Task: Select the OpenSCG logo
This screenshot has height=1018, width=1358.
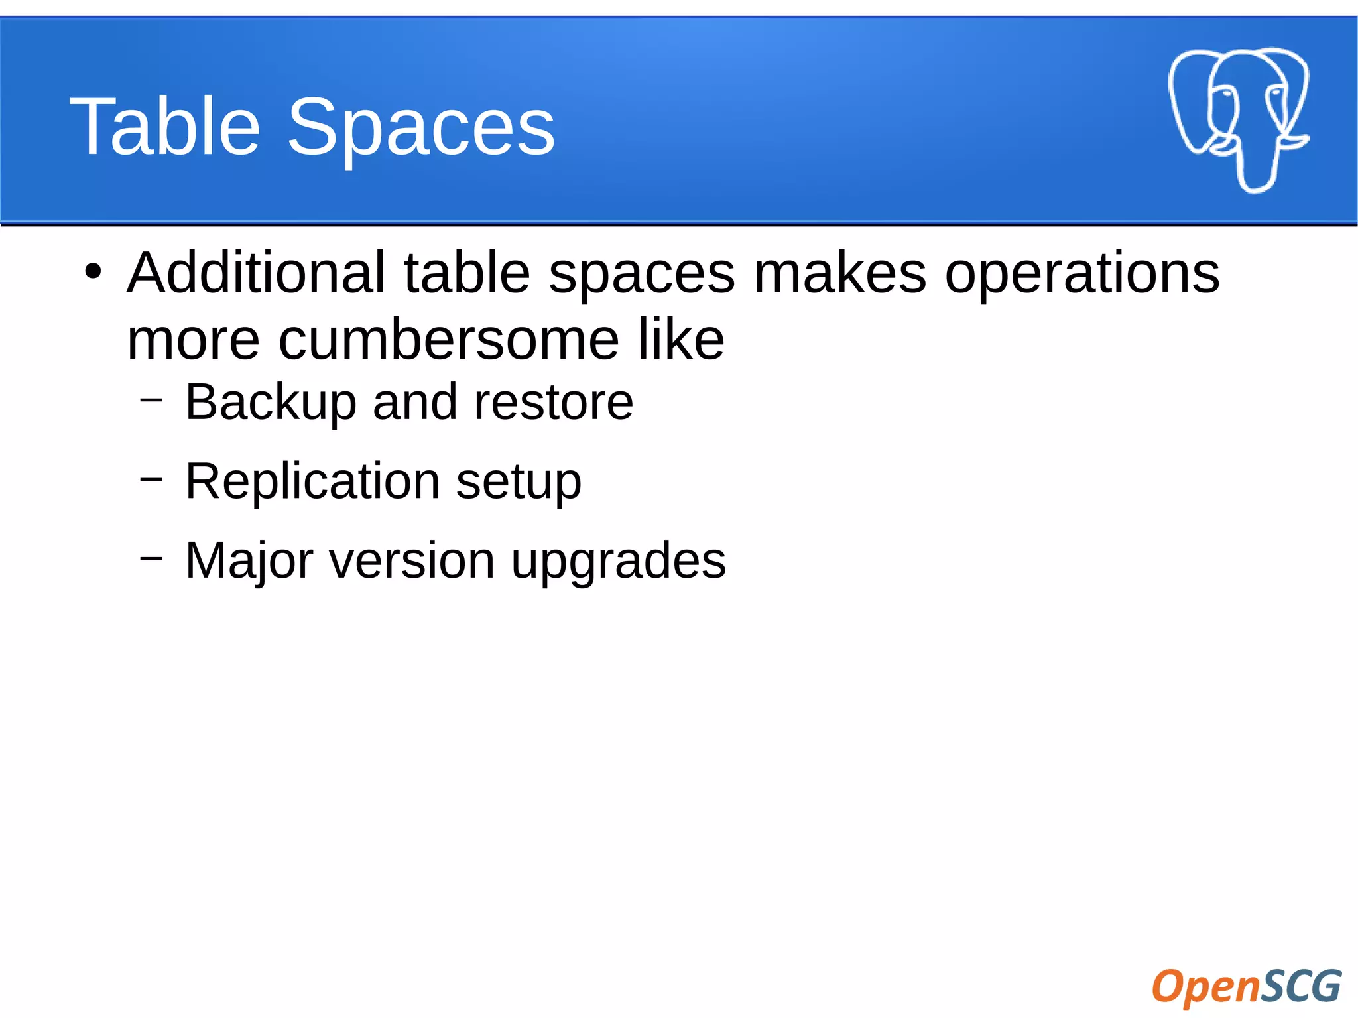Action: click(1247, 986)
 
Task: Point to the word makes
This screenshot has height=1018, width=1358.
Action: click(839, 273)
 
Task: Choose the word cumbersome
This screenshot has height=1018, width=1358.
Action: click(449, 340)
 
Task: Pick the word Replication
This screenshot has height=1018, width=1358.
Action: click(312, 481)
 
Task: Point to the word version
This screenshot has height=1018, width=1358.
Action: click(412, 561)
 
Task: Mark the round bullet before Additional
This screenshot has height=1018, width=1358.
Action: click(93, 272)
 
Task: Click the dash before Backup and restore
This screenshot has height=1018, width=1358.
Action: click(151, 399)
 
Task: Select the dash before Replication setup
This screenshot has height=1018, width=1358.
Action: click(151, 478)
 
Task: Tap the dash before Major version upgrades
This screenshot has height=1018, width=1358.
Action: click(151, 558)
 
